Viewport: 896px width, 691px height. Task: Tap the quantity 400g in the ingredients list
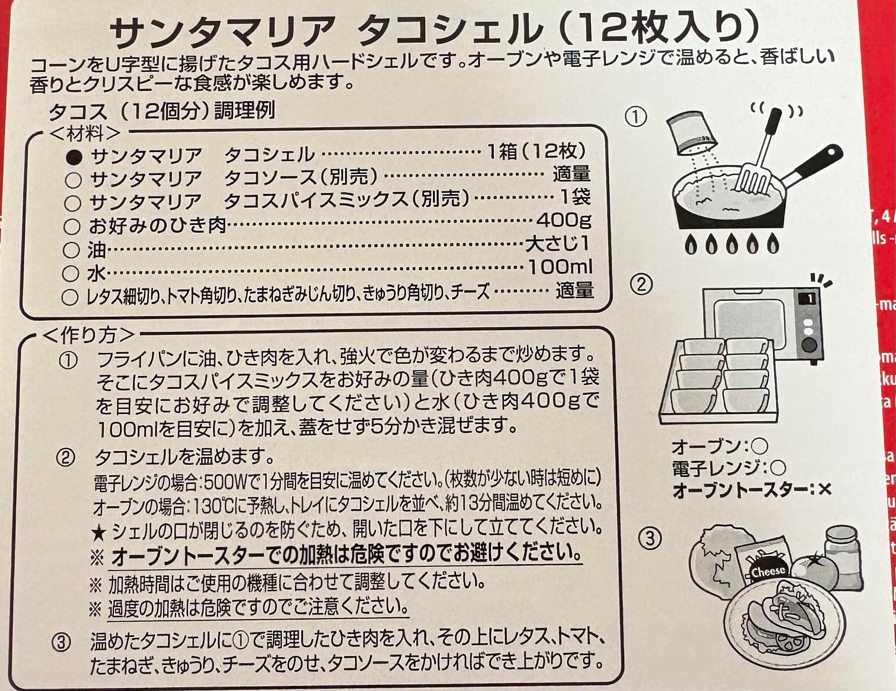click(x=564, y=221)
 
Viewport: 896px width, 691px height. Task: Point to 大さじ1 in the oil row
click(x=558, y=244)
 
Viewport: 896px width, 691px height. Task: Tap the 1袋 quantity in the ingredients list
click(x=576, y=198)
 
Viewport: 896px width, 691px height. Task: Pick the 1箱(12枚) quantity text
click(x=537, y=153)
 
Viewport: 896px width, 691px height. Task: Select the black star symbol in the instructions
click(x=98, y=533)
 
